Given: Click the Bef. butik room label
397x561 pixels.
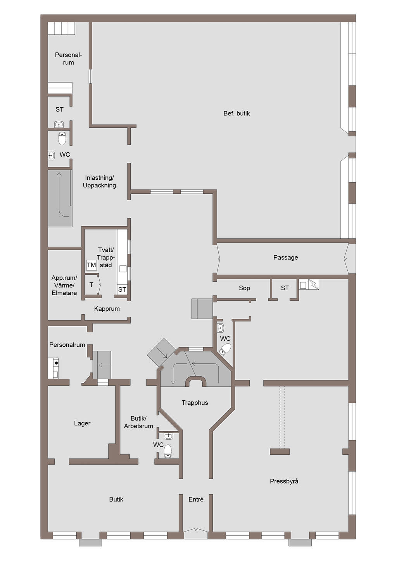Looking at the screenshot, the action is point(236,114).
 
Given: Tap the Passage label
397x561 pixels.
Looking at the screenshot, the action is point(285,258).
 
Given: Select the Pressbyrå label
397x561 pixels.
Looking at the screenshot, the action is point(284,481).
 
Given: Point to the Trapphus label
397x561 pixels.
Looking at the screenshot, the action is point(195,403).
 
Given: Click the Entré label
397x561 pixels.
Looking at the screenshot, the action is point(196,499).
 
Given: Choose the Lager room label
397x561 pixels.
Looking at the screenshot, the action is point(82,423).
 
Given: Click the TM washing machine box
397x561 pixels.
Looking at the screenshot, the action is point(91,265).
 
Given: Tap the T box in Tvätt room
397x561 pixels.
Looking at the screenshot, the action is point(92,285).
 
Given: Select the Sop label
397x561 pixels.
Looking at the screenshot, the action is point(244,288).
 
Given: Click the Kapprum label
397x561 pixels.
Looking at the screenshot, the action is point(107,309).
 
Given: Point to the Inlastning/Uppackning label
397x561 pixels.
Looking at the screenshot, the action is point(99,182).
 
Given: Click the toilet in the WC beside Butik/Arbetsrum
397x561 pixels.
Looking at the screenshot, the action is point(167,451).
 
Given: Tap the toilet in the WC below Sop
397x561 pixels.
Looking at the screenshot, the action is point(225,349).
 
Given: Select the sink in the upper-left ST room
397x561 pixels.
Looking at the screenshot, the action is point(59,124).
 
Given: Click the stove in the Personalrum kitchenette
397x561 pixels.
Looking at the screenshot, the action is point(56,363).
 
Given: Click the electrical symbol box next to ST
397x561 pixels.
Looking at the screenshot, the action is point(314,284).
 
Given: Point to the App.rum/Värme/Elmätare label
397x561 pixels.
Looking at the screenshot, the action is point(64,285).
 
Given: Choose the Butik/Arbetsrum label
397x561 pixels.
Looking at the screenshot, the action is point(138,422).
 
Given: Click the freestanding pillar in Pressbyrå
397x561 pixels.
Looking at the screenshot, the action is point(280,452).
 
